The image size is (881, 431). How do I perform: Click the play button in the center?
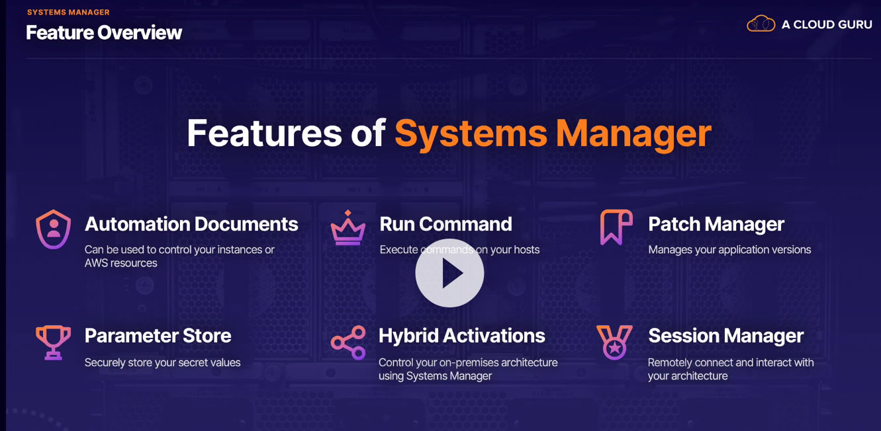pos(449,273)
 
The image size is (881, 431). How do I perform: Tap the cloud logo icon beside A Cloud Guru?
pos(761,24)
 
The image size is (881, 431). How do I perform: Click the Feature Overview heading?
pos(104,32)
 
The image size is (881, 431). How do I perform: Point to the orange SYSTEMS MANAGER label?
pos(68,12)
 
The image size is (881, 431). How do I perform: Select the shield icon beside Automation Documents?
pos(53,229)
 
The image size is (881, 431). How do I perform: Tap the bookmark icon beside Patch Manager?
pos(616,227)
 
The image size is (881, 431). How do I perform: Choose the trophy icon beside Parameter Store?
pos(53,341)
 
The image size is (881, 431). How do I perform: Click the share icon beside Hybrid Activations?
pos(348,342)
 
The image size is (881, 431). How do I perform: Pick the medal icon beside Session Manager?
pos(614,342)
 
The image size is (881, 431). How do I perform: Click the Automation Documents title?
pos(191,224)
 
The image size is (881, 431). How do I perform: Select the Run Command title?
pos(445,224)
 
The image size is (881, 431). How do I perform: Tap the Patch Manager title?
pos(716,224)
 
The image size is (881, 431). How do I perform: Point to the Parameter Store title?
pos(158,336)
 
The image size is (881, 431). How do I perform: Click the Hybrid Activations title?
pos(461,336)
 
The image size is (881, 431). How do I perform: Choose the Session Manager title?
pos(725,336)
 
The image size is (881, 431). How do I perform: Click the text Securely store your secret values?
pos(162,362)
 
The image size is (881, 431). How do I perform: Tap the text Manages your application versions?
pos(729,250)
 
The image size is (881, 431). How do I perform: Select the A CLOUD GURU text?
pos(827,24)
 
